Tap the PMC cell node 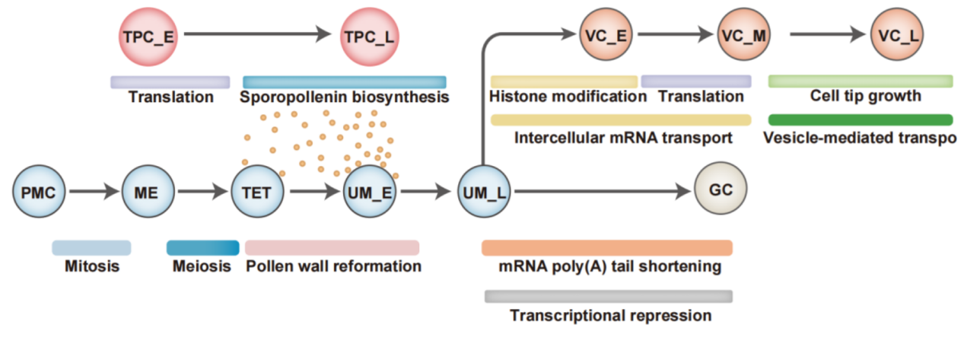40,193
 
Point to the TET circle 257,193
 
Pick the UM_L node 482,193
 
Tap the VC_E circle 606,35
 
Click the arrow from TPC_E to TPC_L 259,34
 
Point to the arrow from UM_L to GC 601,193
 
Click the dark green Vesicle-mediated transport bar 861,119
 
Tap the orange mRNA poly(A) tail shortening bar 606,247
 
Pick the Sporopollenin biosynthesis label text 344,97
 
